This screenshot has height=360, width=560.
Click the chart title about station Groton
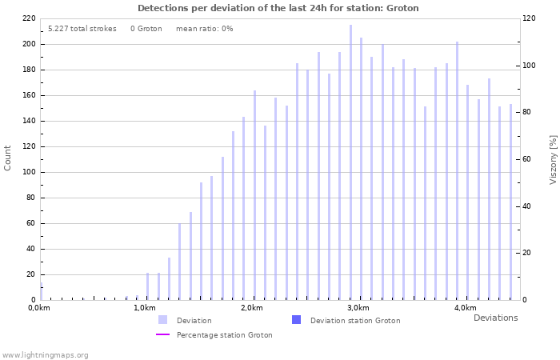[x=278, y=8]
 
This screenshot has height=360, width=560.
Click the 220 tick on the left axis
[x=28, y=18]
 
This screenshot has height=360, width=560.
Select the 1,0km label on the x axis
[x=145, y=308]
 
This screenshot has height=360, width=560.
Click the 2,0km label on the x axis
[x=251, y=308]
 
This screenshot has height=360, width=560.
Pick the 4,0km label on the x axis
[x=465, y=308]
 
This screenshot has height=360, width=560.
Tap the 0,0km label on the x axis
[x=38, y=308]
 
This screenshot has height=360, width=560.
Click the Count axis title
[x=8, y=158]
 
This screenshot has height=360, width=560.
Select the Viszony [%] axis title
[x=553, y=159]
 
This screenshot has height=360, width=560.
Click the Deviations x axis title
[x=495, y=318]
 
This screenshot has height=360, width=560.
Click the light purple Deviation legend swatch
[x=163, y=320]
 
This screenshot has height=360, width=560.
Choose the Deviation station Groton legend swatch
[x=297, y=320]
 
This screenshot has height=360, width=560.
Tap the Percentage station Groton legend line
[x=163, y=335]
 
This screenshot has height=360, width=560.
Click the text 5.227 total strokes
[x=82, y=29]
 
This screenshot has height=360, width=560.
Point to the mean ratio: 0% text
[x=204, y=29]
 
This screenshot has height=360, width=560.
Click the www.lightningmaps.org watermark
[x=45, y=354]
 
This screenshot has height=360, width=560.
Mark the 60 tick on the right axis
[x=526, y=159]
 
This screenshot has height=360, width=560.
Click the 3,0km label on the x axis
[x=358, y=308]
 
